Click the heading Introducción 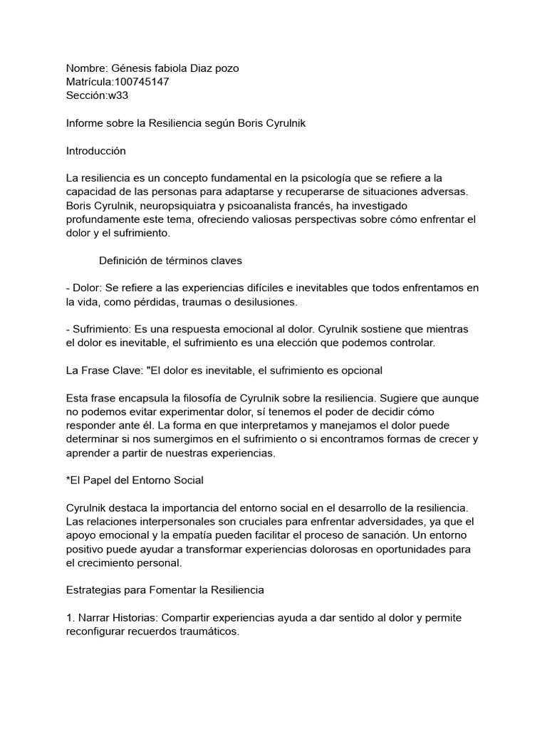coord(95,151)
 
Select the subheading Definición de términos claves coord(171,261)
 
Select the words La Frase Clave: coord(104,370)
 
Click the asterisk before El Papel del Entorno coord(68,480)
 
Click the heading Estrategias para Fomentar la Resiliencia coord(165,590)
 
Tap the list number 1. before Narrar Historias coord(70,617)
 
